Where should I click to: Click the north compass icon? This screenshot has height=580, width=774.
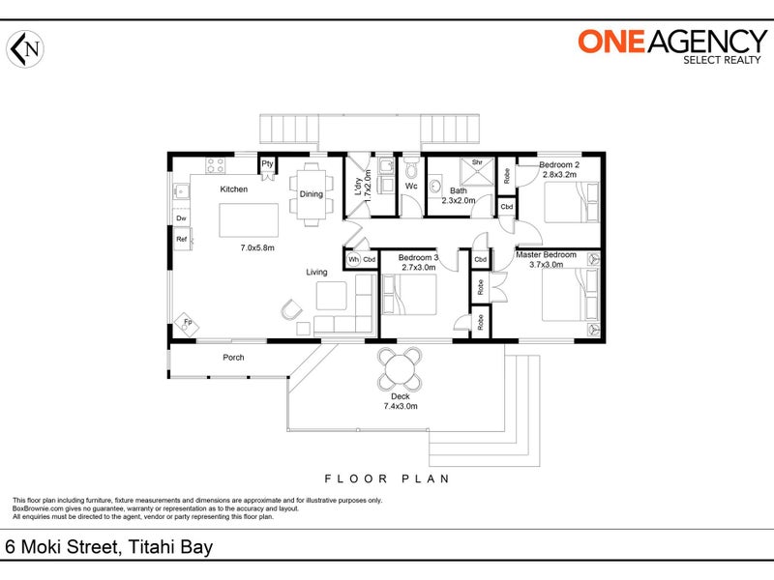pyautogui.click(x=25, y=49)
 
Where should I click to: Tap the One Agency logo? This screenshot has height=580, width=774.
pyautogui.click(x=672, y=46)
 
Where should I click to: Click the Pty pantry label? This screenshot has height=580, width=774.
pyautogui.click(x=268, y=163)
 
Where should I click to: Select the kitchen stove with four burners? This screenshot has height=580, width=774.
pyautogui.click(x=215, y=165)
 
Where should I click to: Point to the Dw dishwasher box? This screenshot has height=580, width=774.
pyautogui.click(x=181, y=217)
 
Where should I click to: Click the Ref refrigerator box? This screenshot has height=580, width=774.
pyautogui.click(x=182, y=239)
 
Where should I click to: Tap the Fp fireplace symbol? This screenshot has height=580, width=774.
pyautogui.click(x=187, y=324)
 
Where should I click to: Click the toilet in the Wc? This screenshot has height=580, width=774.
pyautogui.click(x=410, y=167)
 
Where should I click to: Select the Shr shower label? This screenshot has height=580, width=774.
pyautogui.click(x=477, y=162)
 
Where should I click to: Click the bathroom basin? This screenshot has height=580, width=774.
pyautogui.click(x=434, y=187)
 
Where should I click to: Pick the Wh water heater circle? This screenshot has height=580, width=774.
pyautogui.click(x=353, y=260)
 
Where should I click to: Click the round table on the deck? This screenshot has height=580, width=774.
pyautogui.click(x=401, y=369)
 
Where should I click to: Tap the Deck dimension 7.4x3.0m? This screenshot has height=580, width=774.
pyautogui.click(x=401, y=406)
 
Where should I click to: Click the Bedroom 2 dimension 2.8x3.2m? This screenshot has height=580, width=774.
pyautogui.click(x=559, y=175)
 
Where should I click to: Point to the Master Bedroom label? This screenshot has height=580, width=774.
pyautogui.click(x=546, y=255)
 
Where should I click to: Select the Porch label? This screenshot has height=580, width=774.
pyautogui.click(x=233, y=358)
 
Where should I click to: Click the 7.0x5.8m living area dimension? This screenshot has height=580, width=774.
pyautogui.click(x=257, y=248)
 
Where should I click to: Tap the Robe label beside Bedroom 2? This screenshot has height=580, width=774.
pyautogui.click(x=506, y=176)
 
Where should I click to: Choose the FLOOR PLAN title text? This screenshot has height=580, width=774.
pyautogui.click(x=387, y=478)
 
